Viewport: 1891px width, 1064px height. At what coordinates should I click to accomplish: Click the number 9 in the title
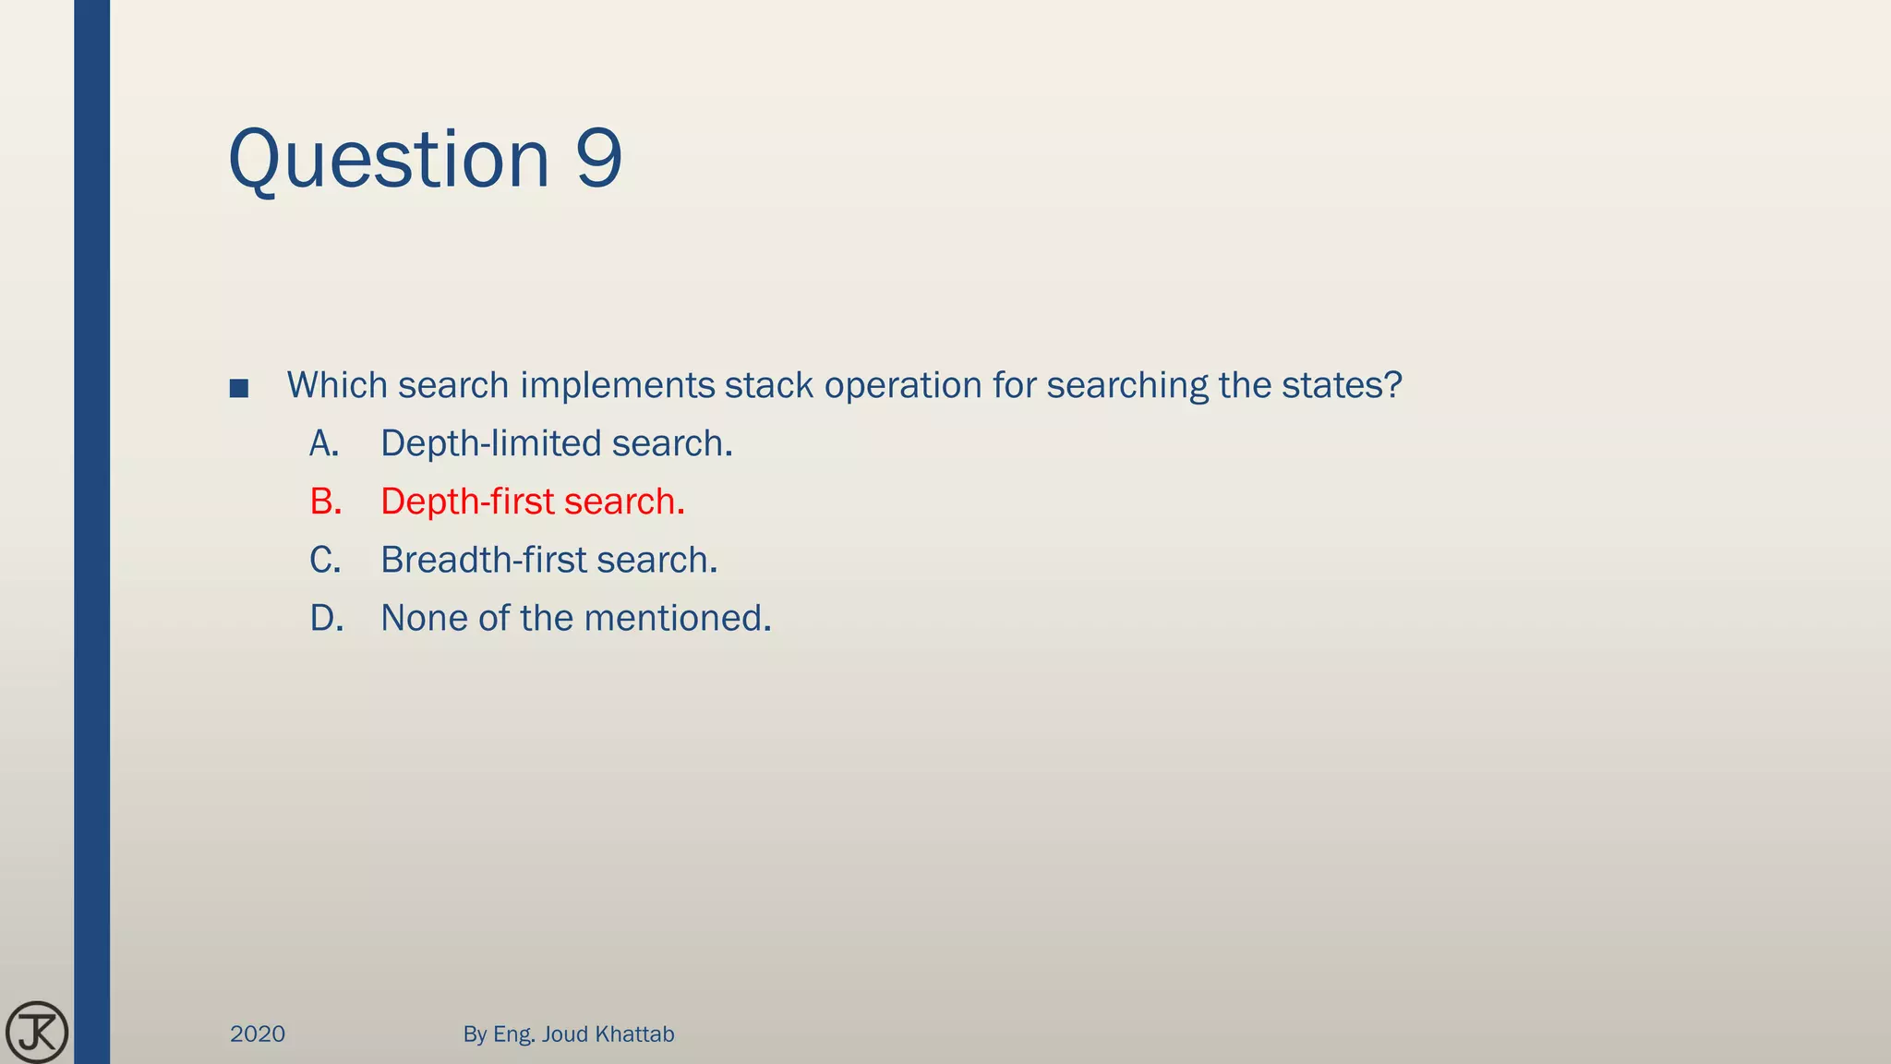tap(598, 159)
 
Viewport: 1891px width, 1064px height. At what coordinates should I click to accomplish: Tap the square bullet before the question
tap(239, 388)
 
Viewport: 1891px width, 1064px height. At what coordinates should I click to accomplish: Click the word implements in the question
tap(617, 386)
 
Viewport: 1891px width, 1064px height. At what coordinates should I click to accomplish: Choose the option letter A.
tap(323, 444)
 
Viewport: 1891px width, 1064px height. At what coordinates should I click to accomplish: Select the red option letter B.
tap(325, 502)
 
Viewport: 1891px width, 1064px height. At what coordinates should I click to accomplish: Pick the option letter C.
tap(325, 560)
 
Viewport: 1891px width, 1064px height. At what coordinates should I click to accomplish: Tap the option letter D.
tap(326, 618)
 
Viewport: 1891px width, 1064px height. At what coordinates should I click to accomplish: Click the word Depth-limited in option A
tap(490, 444)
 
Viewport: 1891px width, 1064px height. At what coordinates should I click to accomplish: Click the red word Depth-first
tap(467, 502)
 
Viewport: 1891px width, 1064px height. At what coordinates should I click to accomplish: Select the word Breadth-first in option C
tap(483, 560)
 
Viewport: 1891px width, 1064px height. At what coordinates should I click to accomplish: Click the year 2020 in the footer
tap(258, 1034)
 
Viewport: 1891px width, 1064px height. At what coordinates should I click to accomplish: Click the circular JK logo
tap(37, 1032)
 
